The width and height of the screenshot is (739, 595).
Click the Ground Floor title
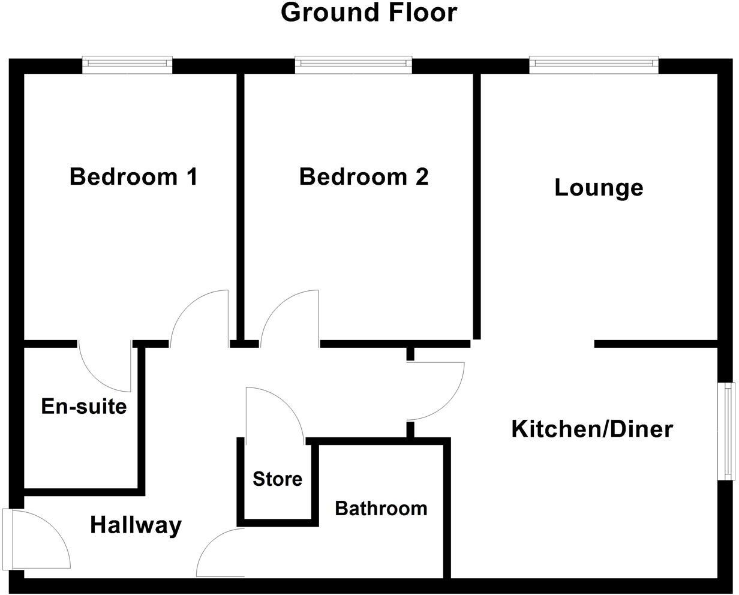pos(369,13)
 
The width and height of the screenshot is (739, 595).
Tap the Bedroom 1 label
pos(133,177)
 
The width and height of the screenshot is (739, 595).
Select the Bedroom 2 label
pos(364,177)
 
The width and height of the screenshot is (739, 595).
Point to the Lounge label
pos(599,188)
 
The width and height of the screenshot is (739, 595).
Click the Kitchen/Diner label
pos(592,429)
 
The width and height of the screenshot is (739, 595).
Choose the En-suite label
pos(84,407)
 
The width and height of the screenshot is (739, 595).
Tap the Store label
pos(277,479)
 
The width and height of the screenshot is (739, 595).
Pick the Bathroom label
pos(381,509)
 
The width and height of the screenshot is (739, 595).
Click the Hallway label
pos(136,525)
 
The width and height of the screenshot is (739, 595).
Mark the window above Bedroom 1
pos(127,64)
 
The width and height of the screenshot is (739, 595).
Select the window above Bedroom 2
pos(353,64)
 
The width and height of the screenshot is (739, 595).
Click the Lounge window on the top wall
pos(594,64)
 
